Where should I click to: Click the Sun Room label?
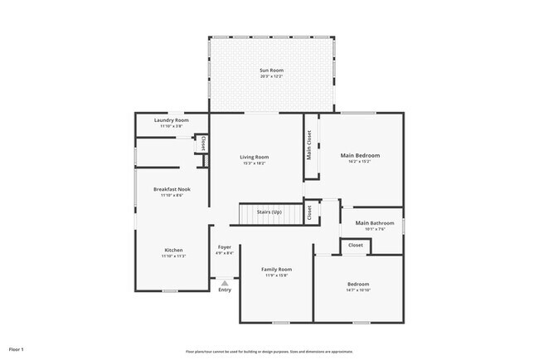271,71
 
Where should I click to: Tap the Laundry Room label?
172,120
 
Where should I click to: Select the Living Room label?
255,157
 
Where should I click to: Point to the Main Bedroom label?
361,155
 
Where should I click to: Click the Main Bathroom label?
374,222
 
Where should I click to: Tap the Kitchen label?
173,250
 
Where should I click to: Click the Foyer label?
225,247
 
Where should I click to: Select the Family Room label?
276,270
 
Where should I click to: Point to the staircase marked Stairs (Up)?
269,214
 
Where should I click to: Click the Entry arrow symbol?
225,283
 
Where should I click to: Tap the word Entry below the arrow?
225,289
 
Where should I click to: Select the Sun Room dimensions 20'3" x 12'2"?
271,76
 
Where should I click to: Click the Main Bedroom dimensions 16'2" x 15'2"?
361,161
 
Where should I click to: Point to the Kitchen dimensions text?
173,255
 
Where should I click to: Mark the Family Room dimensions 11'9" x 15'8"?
276,275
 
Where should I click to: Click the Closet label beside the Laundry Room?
202,144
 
